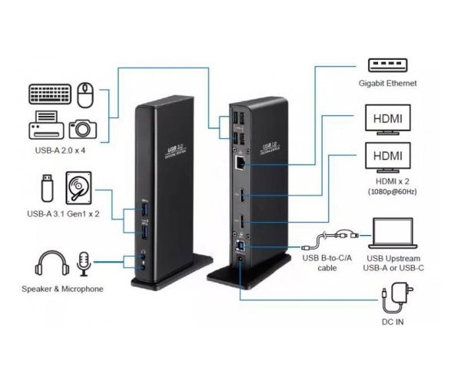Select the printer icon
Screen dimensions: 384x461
45,125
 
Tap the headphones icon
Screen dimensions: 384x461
48,263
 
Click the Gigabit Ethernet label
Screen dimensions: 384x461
386,83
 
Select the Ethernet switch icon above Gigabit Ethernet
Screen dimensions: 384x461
386,65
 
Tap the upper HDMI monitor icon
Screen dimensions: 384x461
386,119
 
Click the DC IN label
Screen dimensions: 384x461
392,321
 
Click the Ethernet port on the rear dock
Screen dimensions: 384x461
239,163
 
